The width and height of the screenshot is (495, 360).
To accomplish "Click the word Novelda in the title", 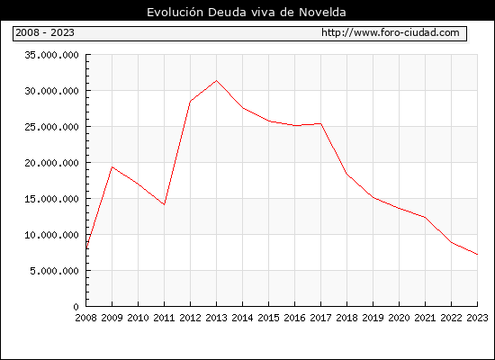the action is tap(322, 13).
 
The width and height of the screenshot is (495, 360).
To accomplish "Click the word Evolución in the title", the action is tap(175, 12).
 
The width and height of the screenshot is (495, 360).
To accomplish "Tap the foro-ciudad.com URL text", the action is tap(391, 32).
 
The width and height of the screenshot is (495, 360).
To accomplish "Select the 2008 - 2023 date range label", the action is tap(45, 32).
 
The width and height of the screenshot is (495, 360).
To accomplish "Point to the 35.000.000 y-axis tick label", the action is tap(52, 55).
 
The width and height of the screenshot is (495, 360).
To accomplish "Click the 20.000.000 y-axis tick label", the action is tap(52, 163).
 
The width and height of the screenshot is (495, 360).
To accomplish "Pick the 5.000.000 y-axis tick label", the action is tap(54, 271).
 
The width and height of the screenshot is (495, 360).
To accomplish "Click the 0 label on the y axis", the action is tap(76, 307).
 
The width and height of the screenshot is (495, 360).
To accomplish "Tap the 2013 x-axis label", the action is tap(216, 318).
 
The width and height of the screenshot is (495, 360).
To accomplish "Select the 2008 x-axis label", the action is tap(85, 318).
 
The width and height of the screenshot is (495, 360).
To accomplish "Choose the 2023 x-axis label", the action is tap(477, 318).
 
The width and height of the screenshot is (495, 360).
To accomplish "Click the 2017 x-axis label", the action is tap(320, 318).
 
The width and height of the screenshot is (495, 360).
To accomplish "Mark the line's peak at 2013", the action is tap(216, 80).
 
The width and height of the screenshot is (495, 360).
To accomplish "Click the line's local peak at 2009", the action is tap(112, 166).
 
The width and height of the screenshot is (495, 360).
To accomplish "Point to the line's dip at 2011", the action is tap(164, 204).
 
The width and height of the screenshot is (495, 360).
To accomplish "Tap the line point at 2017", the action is tap(320, 124).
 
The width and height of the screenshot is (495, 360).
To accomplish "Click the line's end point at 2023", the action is tap(477, 254).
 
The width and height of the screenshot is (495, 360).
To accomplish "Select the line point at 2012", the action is tap(191, 101).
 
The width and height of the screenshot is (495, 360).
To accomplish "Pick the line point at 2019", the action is tap(373, 198).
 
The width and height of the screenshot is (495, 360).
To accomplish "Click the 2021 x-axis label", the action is tap(425, 318).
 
